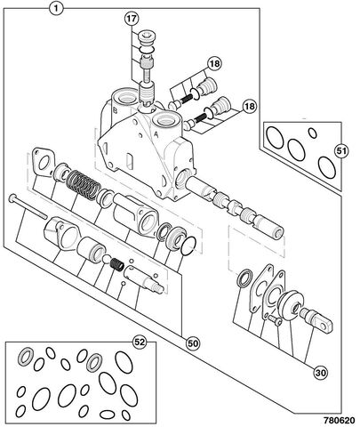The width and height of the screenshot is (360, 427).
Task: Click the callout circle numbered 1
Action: pyautogui.click(x=56, y=8)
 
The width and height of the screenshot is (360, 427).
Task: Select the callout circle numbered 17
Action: pyautogui.click(x=132, y=19)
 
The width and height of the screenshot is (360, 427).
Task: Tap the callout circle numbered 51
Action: pyautogui.click(x=341, y=151)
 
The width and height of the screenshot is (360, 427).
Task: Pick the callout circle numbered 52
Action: pyautogui.click(x=140, y=342)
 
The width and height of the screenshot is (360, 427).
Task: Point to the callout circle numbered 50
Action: pyautogui.click(x=193, y=343)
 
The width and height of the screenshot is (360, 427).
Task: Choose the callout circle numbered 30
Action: pyautogui.click(x=320, y=373)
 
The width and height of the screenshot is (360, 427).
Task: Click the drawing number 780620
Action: pyautogui.click(x=339, y=420)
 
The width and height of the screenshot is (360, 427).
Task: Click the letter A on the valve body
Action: pyautogui.click(x=156, y=134)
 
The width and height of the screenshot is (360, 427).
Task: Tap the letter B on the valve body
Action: pyautogui.click(x=116, y=110)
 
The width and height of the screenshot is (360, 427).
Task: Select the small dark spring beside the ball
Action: pyautogui.click(x=117, y=263)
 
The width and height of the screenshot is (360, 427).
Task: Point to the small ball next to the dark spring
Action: pyautogui.click(x=106, y=259)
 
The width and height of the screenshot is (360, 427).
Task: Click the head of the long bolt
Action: pyautogui.click(x=13, y=197)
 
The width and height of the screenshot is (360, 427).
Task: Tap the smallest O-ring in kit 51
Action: pyautogui.click(x=312, y=133)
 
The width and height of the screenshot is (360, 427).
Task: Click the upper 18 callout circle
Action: pyautogui.click(x=214, y=63)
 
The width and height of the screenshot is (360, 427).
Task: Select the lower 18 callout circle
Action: pyautogui.click(x=250, y=106)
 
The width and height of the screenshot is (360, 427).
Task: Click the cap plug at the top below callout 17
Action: pyautogui.click(x=148, y=37)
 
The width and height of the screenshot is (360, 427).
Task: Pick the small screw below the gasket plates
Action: pyautogui.click(x=275, y=320)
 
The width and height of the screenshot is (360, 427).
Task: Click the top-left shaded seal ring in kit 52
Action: pyautogui.click(x=26, y=355)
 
